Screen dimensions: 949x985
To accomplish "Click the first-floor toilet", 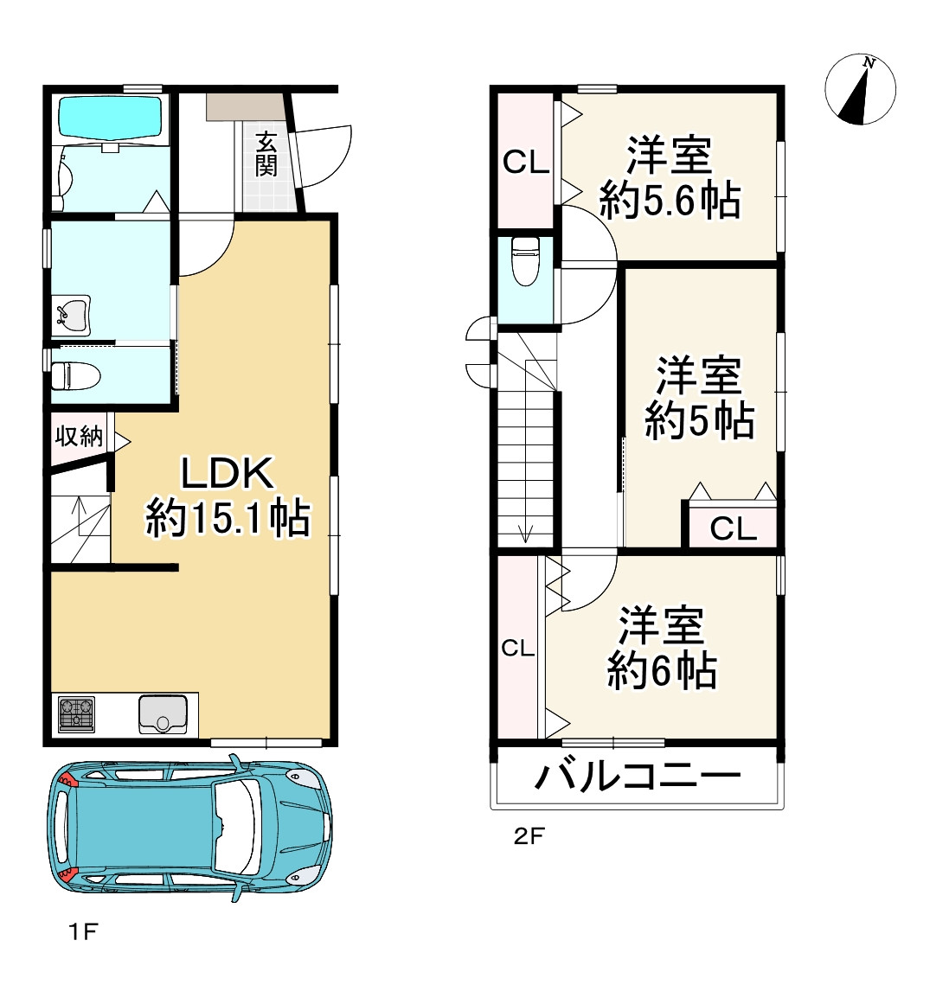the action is pos(74,375).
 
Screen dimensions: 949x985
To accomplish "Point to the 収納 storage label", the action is pos(79,436).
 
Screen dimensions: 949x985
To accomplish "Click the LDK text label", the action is pos(228,473).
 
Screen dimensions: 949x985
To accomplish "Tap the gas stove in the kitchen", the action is pos(77,714).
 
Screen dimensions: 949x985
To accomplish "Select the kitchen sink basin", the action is pos(163,714).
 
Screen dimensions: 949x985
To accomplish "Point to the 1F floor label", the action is pos(83,931).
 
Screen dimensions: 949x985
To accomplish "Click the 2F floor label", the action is pos(529,836).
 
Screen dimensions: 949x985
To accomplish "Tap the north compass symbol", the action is pos(860,89).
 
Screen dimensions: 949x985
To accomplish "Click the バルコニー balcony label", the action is pos(638,777).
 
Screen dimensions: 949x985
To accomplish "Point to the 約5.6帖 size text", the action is pos(670,201).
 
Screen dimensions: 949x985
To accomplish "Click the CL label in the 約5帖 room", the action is pos(734,529).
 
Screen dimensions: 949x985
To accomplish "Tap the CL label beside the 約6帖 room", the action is pos(518,648).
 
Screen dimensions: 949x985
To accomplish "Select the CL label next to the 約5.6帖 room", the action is pos(526,163).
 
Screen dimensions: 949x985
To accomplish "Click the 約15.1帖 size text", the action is pos(228,518).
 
